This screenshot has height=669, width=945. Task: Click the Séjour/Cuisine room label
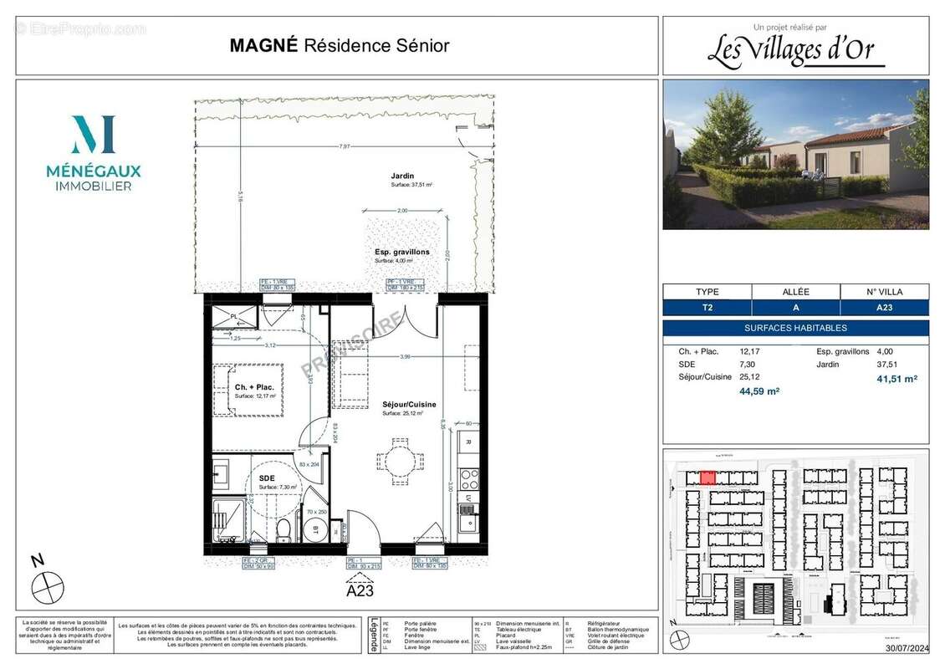point(408,403)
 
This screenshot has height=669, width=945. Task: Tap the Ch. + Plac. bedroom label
point(254,387)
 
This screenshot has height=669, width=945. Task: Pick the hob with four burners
point(469,479)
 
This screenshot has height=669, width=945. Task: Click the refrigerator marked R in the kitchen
point(468,442)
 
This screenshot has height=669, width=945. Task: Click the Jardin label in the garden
point(402,176)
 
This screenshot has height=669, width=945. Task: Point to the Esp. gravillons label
point(401,252)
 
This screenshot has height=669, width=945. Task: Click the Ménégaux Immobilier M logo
point(93,135)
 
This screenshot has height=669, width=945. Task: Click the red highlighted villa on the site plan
point(707,477)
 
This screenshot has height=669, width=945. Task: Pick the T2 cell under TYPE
point(707,308)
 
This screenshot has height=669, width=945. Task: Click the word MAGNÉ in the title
point(263,46)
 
